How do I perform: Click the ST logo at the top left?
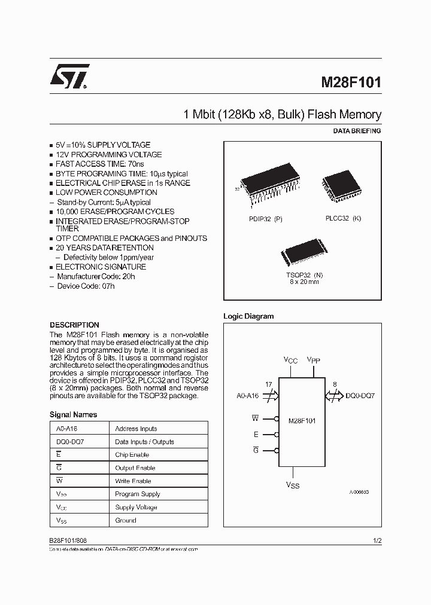click(x=69, y=77)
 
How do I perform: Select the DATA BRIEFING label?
click(x=356, y=131)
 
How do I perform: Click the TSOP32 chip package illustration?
click(x=302, y=252)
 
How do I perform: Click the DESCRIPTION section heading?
click(x=74, y=325)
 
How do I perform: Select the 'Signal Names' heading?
click(x=73, y=414)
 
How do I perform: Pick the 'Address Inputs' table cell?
click(x=136, y=429)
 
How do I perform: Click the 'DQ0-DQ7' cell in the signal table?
click(x=69, y=442)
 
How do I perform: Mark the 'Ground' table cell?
click(x=126, y=521)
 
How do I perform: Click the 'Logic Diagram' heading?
click(x=248, y=316)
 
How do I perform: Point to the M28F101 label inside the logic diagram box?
click(x=302, y=421)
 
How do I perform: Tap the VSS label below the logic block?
click(x=292, y=485)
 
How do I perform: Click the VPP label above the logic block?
click(x=314, y=360)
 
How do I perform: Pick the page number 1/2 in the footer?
click(x=377, y=540)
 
